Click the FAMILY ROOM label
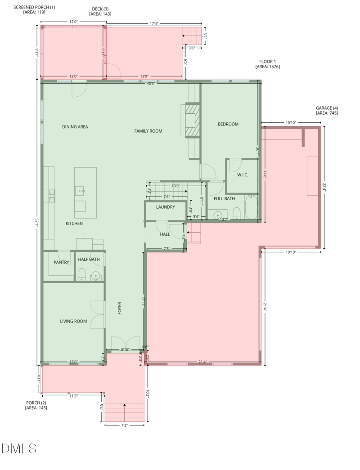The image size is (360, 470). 148,131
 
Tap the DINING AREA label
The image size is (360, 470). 75,127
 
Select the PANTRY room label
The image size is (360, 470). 62,262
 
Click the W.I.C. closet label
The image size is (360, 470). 243,175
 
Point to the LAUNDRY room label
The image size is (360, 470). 165,207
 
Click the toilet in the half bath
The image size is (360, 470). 81,274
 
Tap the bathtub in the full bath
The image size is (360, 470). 251,207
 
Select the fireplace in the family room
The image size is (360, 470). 191,120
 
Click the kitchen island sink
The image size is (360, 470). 82,191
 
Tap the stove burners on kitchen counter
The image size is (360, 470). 52,195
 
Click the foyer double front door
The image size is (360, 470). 124,343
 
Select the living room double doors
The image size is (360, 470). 97,314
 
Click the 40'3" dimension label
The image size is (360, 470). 150,83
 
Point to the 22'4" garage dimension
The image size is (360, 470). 323,188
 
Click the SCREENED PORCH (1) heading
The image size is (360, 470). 34,7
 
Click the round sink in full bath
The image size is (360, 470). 218,215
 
